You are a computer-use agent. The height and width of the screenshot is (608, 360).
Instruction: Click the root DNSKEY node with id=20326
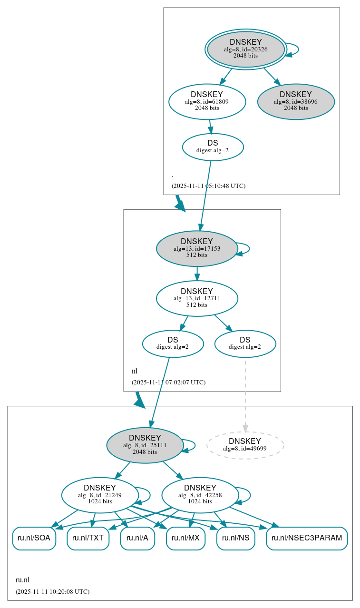click(x=245, y=49)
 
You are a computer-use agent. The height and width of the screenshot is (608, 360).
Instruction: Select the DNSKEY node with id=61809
click(x=207, y=101)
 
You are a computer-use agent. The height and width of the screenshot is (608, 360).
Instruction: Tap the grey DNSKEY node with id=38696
click(x=296, y=102)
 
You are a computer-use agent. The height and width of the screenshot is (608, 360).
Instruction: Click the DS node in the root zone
click(x=213, y=147)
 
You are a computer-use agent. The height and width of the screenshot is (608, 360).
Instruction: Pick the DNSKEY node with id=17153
click(x=197, y=248)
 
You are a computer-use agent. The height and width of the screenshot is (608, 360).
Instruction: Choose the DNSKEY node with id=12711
click(x=197, y=298)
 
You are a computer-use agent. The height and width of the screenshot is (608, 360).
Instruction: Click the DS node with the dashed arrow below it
click(x=245, y=343)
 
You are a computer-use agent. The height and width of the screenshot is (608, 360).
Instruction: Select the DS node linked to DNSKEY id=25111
click(x=173, y=343)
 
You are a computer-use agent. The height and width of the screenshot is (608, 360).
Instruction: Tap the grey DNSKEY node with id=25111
click(x=145, y=445)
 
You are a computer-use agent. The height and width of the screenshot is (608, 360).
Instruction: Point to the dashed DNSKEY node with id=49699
click(x=245, y=445)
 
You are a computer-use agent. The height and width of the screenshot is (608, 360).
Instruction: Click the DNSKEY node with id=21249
click(x=100, y=495)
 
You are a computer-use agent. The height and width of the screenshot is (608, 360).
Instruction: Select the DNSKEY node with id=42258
click(x=200, y=495)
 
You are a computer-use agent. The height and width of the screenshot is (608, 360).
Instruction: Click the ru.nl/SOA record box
click(x=34, y=538)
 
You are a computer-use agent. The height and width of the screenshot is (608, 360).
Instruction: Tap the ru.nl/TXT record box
click(x=88, y=538)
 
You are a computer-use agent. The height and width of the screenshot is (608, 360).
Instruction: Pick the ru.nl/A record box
click(x=137, y=538)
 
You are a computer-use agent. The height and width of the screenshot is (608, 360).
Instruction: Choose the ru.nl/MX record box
click(x=185, y=538)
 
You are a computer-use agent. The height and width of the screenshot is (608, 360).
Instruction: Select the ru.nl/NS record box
click(x=235, y=538)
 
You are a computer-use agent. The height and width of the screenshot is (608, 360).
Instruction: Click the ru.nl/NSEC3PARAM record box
click(x=307, y=538)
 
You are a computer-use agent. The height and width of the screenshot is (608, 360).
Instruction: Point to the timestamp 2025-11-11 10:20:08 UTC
click(x=52, y=592)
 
